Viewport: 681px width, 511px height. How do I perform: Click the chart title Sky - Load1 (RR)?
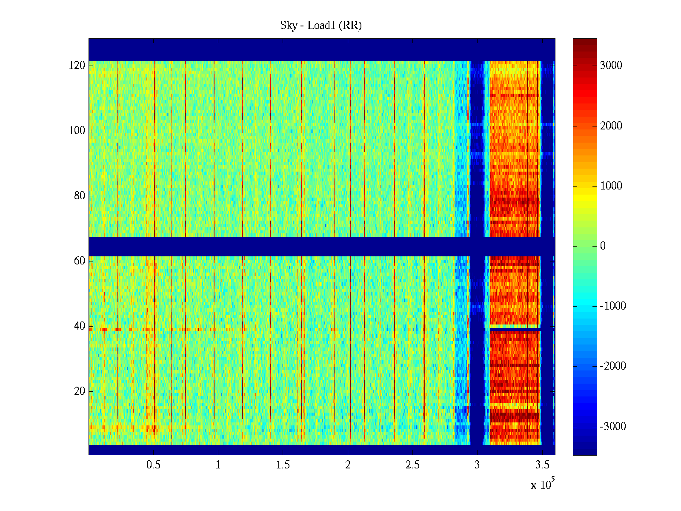(x=321, y=26)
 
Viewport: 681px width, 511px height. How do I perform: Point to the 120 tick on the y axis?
(x=77, y=66)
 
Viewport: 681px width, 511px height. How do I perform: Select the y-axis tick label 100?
(x=77, y=131)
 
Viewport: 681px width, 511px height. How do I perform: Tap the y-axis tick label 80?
(x=80, y=196)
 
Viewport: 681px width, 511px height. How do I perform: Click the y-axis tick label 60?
(x=80, y=261)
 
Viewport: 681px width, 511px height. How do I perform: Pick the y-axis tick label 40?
(x=80, y=326)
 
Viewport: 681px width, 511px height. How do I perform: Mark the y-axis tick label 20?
(x=80, y=391)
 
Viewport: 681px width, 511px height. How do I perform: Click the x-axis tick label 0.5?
(x=154, y=465)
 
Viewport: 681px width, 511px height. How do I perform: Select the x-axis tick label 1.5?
(x=283, y=465)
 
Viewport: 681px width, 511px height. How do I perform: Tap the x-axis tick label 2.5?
(x=413, y=465)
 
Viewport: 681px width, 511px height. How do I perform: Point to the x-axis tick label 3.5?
(x=542, y=465)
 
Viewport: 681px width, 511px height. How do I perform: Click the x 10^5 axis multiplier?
(x=542, y=484)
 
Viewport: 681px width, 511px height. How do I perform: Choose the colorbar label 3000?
(x=611, y=66)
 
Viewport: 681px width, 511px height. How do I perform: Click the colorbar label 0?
(x=603, y=246)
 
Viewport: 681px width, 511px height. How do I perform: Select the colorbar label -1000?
(x=612, y=306)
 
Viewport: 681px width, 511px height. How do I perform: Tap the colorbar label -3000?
(x=612, y=427)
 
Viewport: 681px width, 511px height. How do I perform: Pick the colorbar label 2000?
(x=611, y=126)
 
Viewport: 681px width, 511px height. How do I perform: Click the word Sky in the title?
(x=288, y=26)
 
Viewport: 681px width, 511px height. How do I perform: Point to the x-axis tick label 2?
(x=348, y=465)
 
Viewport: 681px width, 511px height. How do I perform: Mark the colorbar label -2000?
(x=612, y=366)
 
